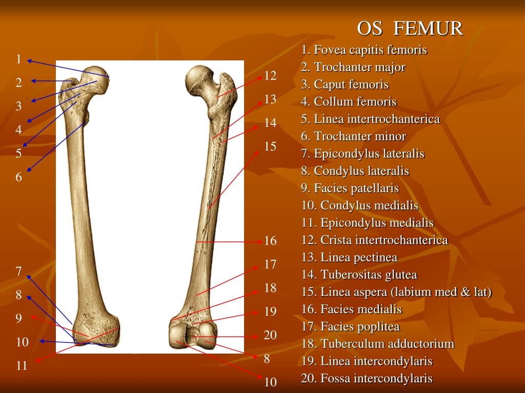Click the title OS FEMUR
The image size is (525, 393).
(x=410, y=28)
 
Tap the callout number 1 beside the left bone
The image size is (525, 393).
(x=19, y=59)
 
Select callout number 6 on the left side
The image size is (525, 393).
(x=19, y=177)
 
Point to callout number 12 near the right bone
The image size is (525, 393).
(x=271, y=76)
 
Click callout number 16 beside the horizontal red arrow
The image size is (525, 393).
(x=271, y=241)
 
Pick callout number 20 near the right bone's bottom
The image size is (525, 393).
(x=270, y=335)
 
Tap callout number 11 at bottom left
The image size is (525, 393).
(x=22, y=365)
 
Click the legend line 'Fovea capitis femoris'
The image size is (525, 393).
(x=364, y=50)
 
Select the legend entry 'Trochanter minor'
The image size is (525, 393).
(x=353, y=136)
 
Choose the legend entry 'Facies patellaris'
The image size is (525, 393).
(x=350, y=188)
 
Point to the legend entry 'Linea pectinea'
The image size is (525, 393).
(x=349, y=257)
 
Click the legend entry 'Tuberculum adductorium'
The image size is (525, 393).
(x=378, y=343)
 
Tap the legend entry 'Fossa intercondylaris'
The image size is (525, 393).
(x=367, y=378)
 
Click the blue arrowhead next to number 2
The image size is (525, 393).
(x=33, y=81)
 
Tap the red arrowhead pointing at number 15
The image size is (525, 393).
(x=256, y=153)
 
